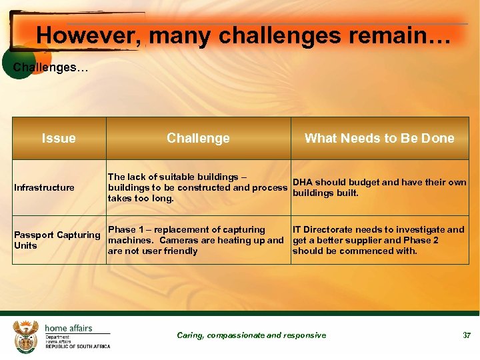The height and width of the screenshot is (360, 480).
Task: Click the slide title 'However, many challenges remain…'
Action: [243, 35]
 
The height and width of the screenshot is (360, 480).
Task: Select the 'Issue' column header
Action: [59, 138]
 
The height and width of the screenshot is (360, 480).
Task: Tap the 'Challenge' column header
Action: [198, 138]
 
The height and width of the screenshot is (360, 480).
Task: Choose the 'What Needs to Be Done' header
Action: [379, 138]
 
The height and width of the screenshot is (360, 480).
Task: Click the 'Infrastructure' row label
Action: [44, 187]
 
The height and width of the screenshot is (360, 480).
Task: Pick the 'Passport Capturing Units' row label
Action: [57, 240]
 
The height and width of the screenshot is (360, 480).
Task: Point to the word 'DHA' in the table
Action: [303, 182]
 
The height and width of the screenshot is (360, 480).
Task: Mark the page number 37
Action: [467, 335]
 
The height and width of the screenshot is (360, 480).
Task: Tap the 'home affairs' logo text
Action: [68, 328]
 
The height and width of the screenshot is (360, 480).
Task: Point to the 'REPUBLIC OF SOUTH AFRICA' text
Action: [77, 347]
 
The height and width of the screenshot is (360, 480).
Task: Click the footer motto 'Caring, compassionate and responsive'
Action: [251, 335]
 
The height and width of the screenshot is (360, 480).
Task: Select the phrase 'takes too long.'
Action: [141, 198]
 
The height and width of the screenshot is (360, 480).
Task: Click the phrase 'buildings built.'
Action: [325, 193]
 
